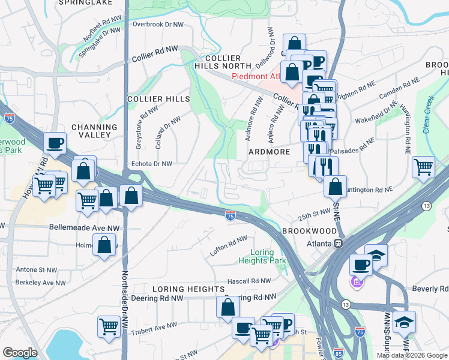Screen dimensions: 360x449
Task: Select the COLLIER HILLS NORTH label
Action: (x=218, y=62)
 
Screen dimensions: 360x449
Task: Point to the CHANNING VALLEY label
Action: (x=94, y=131)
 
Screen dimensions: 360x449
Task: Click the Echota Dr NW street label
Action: (x=151, y=163)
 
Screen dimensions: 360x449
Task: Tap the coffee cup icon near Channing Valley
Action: (x=55, y=143)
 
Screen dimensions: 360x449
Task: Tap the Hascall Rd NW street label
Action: (x=249, y=281)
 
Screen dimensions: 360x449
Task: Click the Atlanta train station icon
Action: (x=339, y=244)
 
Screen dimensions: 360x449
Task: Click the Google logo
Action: (x=19, y=353)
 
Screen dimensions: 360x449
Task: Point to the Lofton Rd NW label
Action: (x=228, y=247)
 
